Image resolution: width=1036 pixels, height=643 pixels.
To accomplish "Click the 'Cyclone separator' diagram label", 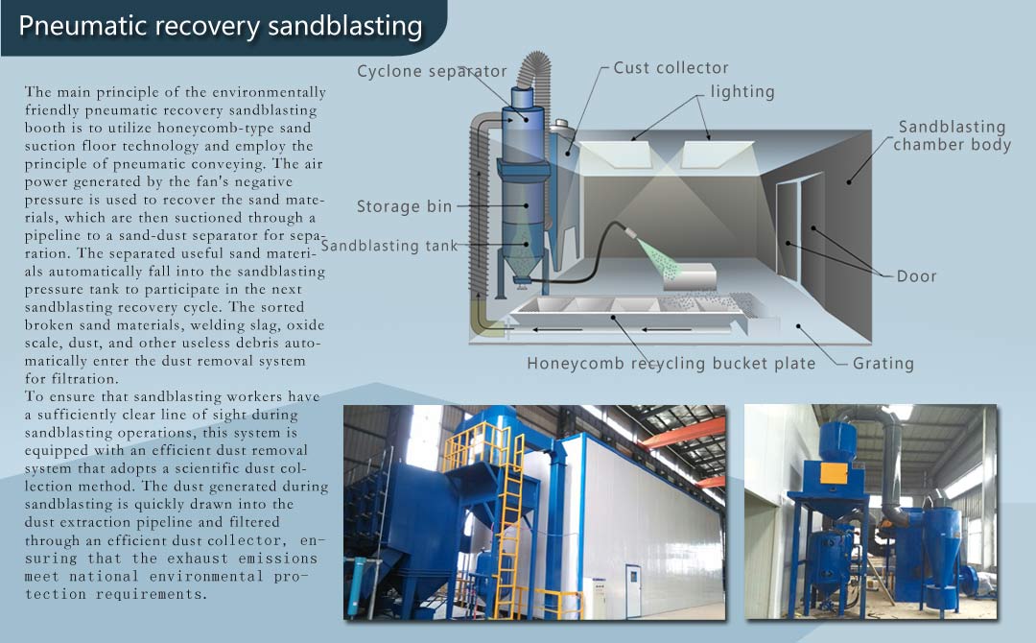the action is [x=432, y=71].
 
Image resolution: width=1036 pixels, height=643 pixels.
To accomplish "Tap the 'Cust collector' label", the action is [x=671, y=68].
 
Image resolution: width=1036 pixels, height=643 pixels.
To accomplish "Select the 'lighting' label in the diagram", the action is [x=742, y=92].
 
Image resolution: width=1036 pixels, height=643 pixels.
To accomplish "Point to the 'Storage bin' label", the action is [x=405, y=207].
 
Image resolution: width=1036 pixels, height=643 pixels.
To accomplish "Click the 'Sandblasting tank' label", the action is [x=389, y=246].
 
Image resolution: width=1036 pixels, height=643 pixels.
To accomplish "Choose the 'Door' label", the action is [x=916, y=276].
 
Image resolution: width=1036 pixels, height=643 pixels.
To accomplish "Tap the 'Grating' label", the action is [x=883, y=364].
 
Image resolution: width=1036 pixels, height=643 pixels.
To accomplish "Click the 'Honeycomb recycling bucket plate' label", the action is [x=671, y=364].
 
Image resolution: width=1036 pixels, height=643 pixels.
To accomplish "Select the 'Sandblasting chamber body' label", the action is [x=953, y=135].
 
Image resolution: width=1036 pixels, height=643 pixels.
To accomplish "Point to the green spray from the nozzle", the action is [x=662, y=259].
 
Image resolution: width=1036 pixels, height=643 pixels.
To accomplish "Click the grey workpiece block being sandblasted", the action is [x=690, y=277].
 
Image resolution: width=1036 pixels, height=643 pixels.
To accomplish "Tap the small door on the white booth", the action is [x=632, y=590].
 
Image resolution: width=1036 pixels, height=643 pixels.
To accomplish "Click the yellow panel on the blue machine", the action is [x=834, y=473].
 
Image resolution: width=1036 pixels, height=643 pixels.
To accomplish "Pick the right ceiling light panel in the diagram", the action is [x=718, y=155].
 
